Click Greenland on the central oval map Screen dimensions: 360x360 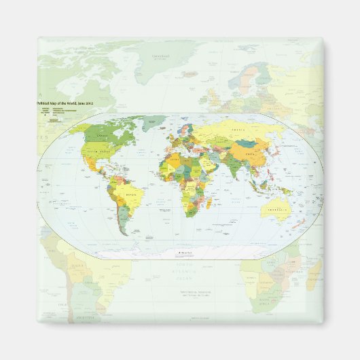[155, 122]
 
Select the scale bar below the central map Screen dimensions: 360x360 [185, 253]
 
